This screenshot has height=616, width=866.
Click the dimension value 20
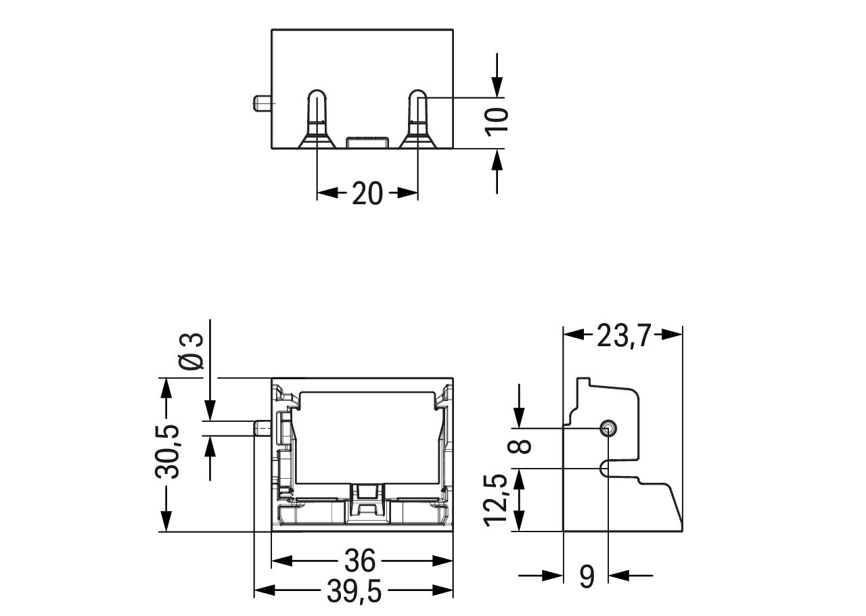[367, 194]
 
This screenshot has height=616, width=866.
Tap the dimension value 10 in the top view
[497, 122]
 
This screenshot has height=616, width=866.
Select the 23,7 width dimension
[622, 335]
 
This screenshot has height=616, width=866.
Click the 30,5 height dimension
[166, 452]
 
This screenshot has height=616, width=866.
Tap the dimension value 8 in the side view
[522, 446]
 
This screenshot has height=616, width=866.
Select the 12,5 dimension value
[498, 499]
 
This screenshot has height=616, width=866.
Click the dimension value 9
[587, 576]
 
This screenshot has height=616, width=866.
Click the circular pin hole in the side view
[608, 427]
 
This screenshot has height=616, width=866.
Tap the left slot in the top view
[317, 118]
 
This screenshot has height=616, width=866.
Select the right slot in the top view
[417, 118]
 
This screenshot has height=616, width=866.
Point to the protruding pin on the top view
[261, 103]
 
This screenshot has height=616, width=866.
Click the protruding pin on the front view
[262, 429]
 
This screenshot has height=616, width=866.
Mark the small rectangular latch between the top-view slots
[367, 142]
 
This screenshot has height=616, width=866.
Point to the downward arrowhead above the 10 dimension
[497, 86]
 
